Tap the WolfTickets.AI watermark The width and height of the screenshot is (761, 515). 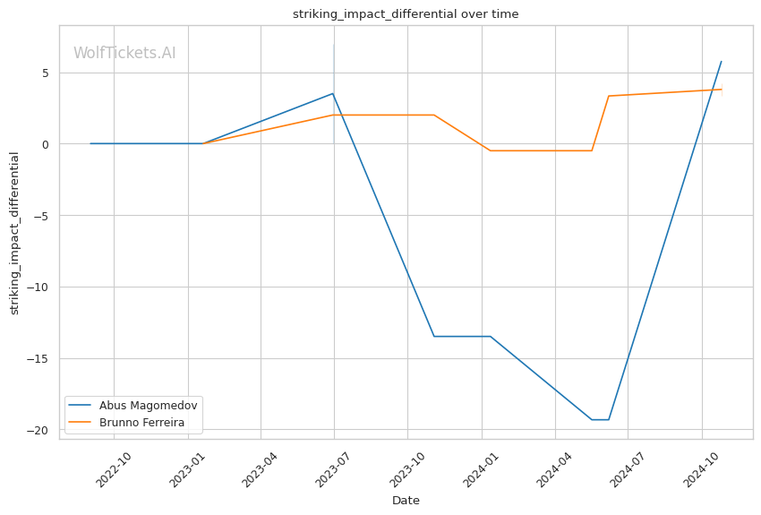click(124, 53)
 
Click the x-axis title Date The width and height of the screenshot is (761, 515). click(406, 501)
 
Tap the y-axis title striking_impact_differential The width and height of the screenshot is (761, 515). click(14, 233)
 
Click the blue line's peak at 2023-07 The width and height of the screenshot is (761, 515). click(333, 93)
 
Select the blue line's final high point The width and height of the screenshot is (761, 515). click(722, 62)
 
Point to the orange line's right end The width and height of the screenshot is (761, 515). click(722, 90)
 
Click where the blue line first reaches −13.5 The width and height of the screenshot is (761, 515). click(434, 337)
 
